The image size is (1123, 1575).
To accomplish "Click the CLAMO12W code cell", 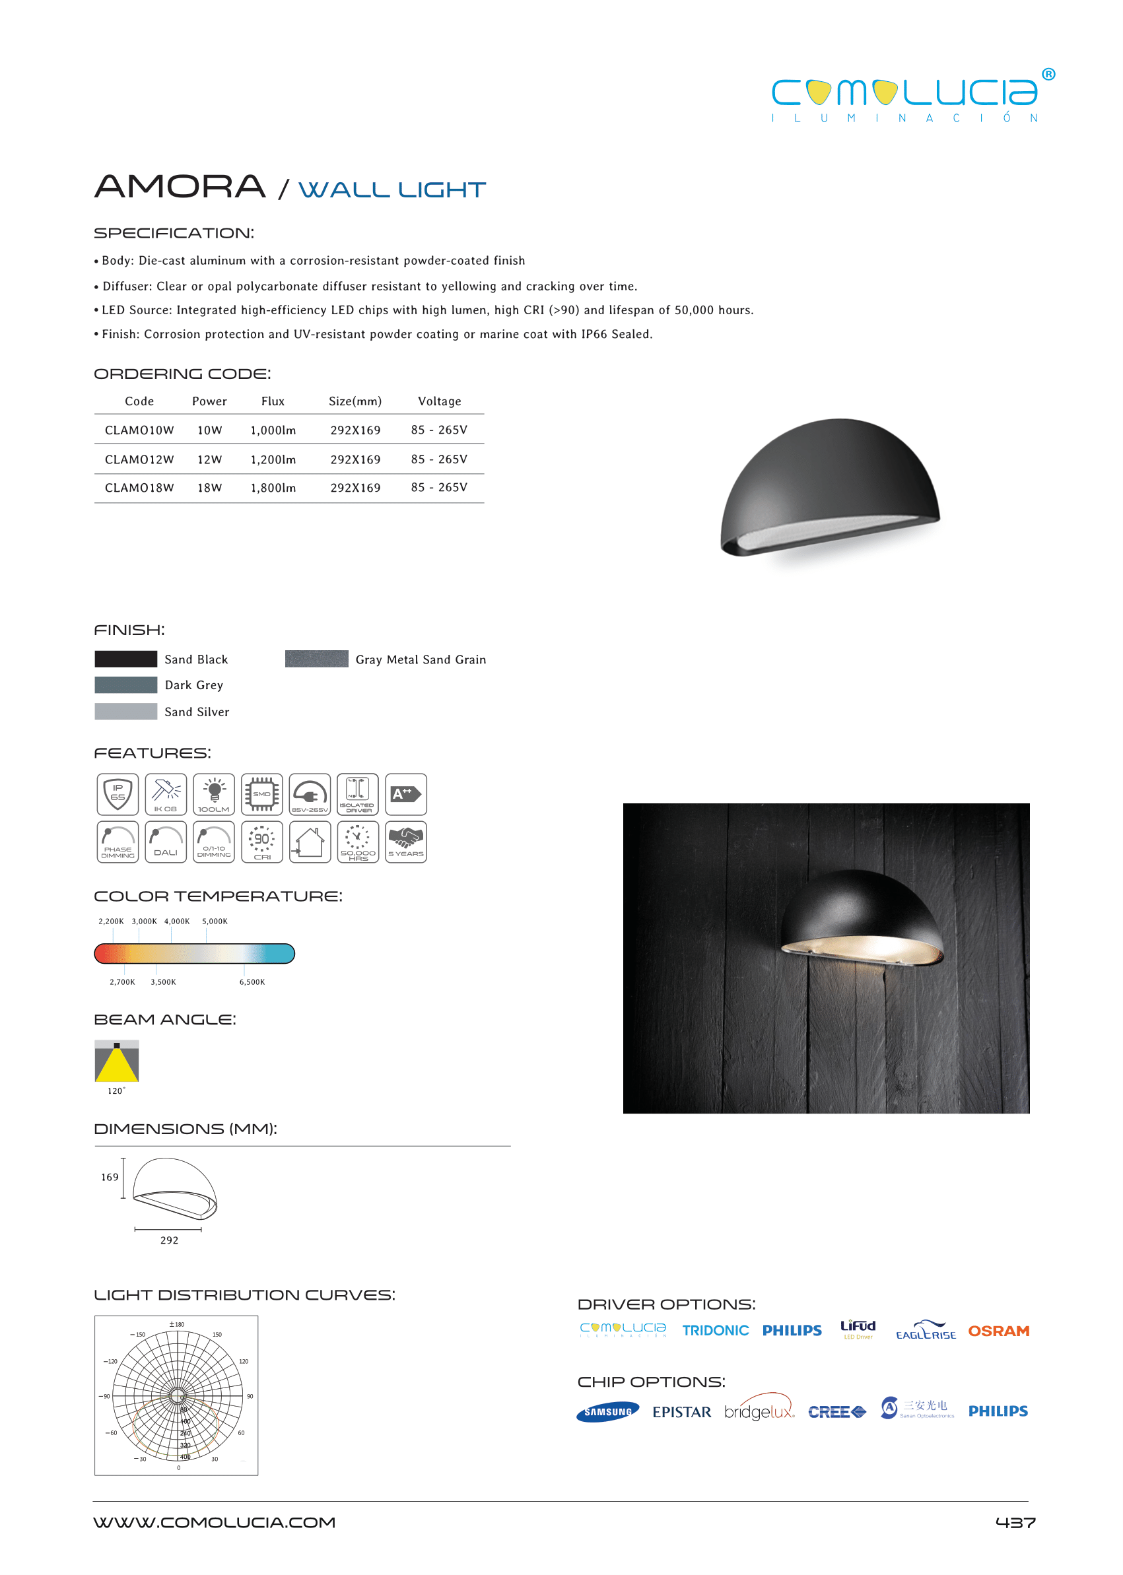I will click(x=139, y=459).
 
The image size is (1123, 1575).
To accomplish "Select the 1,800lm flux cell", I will click(x=273, y=487).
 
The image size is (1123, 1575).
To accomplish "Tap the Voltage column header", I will click(x=439, y=401).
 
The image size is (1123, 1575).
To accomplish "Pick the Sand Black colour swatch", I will click(x=126, y=659).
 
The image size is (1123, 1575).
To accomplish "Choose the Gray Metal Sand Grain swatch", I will click(x=317, y=659).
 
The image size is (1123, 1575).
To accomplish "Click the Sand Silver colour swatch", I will click(x=126, y=712).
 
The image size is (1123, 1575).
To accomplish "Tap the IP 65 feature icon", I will click(x=118, y=793).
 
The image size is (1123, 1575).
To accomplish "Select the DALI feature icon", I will click(x=166, y=842).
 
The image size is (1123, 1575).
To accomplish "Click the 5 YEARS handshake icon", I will click(x=406, y=842).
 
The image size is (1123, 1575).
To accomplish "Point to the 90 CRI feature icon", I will click(x=262, y=842).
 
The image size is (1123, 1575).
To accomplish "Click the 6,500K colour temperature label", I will click(x=252, y=982).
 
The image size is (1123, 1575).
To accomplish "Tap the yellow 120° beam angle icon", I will click(x=117, y=1061).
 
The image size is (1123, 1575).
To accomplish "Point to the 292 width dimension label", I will click(x=170, y=1240).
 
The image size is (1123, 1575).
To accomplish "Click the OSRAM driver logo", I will click(x=998, y=1331).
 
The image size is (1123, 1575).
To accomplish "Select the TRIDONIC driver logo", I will click(x=715, y=1331).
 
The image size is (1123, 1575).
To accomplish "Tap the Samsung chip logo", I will click(x=608, y=1412).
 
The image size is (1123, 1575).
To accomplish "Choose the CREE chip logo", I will click(x=836, y=1412).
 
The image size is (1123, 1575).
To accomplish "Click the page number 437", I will click(x=1015, y=1522).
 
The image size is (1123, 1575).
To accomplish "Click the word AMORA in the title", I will click(x=180, y=187).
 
